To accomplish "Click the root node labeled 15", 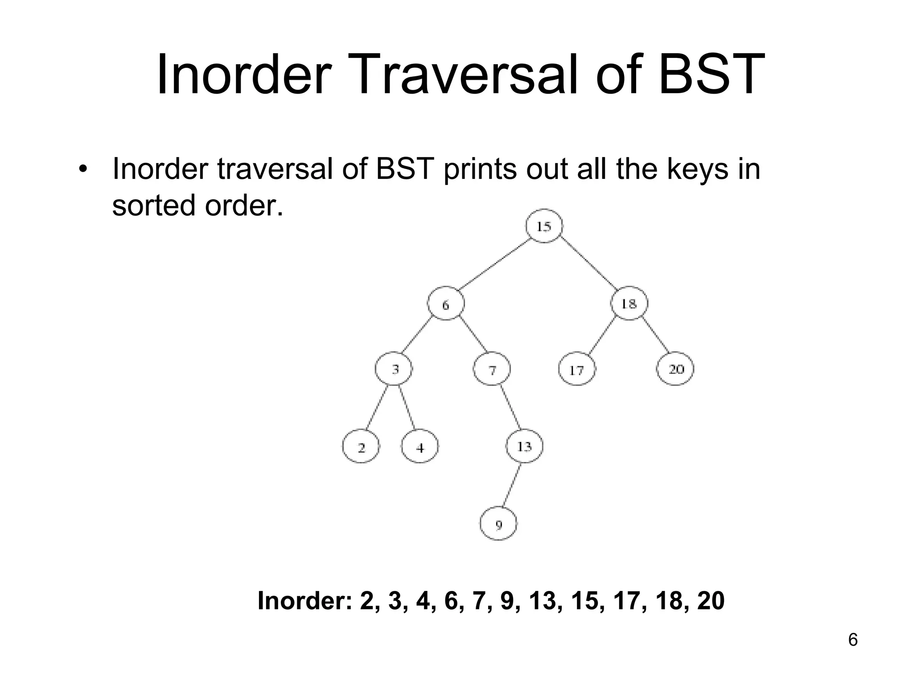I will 544,226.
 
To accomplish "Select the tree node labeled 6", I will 446,304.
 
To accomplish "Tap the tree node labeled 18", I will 629,304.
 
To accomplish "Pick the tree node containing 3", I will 394,369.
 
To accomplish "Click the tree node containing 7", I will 492,369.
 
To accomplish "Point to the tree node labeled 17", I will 577,369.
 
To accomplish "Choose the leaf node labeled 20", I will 676,369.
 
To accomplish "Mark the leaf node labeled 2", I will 361,446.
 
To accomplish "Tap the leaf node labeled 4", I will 420,446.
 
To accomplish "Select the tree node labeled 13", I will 524,446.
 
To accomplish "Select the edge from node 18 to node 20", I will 655,335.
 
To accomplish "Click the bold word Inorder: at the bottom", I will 305,601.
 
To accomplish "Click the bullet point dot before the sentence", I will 82,170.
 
